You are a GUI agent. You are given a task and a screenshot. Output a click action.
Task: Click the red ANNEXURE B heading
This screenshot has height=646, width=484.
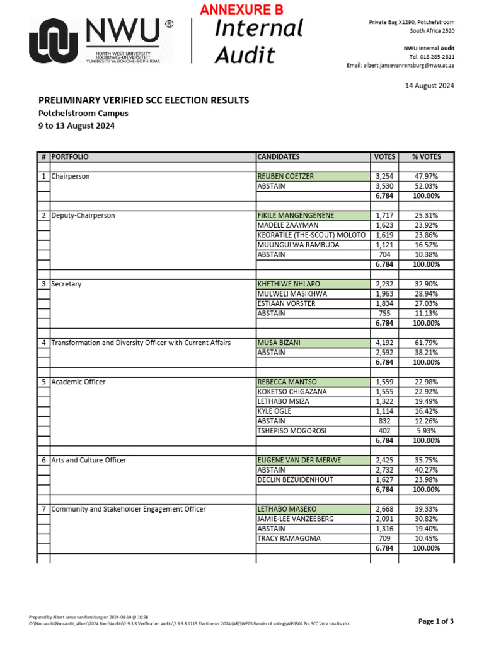[x=242, y=9]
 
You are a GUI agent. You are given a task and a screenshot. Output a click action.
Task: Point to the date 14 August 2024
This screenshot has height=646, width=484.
[x=429, y=85]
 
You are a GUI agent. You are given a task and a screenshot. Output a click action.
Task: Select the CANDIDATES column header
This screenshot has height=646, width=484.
[x=279, y=156]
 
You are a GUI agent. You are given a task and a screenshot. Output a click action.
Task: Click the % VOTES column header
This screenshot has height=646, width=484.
[x=426, y=156]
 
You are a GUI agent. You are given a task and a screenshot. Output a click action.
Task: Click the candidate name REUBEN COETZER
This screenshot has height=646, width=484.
[x=285, y=177]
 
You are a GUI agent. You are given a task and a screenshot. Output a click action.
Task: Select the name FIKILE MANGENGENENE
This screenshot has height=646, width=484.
[x=296, y=216]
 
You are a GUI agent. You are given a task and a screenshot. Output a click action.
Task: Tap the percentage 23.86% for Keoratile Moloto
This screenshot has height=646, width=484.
[x=426, y=235]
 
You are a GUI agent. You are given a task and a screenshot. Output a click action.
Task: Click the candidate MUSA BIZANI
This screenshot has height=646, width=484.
[x=279, y=343]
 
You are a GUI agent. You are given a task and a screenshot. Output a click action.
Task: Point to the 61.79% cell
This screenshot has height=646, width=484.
[x=426, y=343]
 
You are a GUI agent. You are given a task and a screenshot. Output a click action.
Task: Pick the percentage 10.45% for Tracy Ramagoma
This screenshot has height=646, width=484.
[x=426, y=538]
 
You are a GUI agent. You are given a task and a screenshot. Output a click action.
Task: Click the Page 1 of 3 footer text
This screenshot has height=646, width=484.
[x=435, y=621]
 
